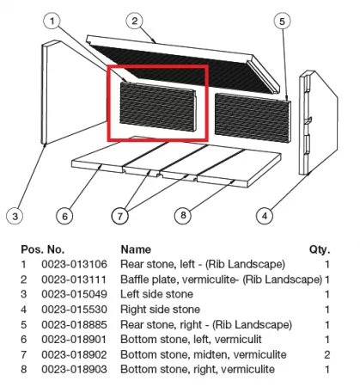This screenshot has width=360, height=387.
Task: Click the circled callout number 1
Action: [x=52, y=21]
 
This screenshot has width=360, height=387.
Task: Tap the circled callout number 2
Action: [x=135, y=21]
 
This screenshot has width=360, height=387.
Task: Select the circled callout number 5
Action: [x=282, y=21]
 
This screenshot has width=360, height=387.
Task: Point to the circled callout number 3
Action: [x=15, y=216]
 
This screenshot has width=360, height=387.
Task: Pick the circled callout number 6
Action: [x=64, y=216]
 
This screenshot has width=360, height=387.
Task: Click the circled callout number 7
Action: [x=120, y=216]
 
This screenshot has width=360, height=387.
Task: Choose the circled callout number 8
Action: [x=183, y=215]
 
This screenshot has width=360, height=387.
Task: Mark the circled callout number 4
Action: [x=265, y=216]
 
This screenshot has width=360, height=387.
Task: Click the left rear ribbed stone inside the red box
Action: [x=158, y=107]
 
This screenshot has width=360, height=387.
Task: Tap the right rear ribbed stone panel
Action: [x=253, y=118]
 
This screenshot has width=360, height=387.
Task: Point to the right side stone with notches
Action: [x=319, y=122]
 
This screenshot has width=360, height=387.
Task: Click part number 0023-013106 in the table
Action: [x=74, y=264]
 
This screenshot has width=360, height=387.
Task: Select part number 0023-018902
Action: [x=74, y=354]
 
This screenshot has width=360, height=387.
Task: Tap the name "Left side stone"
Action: [x=156, y=294]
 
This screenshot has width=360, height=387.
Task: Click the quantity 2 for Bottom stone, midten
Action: [x=326, y=354]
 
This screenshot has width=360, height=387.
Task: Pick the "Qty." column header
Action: [x=320, y=249]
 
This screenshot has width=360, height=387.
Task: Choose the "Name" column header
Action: [x=136, y=249]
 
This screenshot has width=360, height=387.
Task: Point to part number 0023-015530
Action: [x=74, y=310]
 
